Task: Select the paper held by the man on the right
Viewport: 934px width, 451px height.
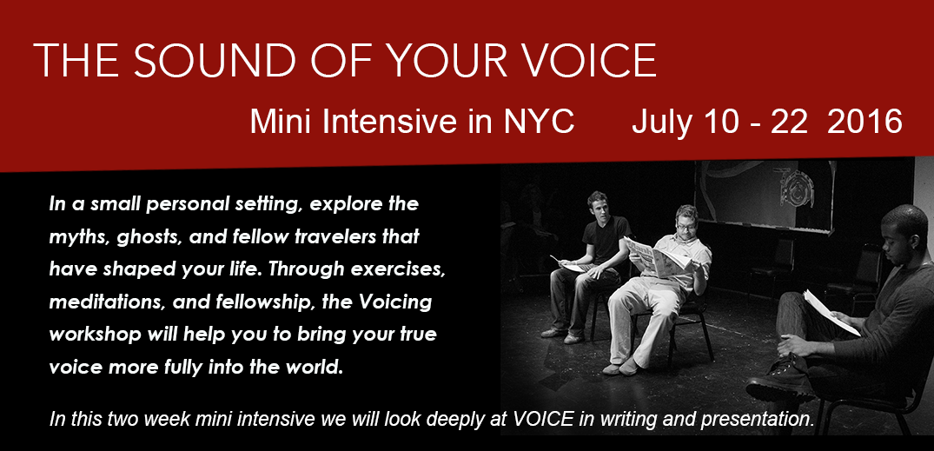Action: [831, 312]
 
